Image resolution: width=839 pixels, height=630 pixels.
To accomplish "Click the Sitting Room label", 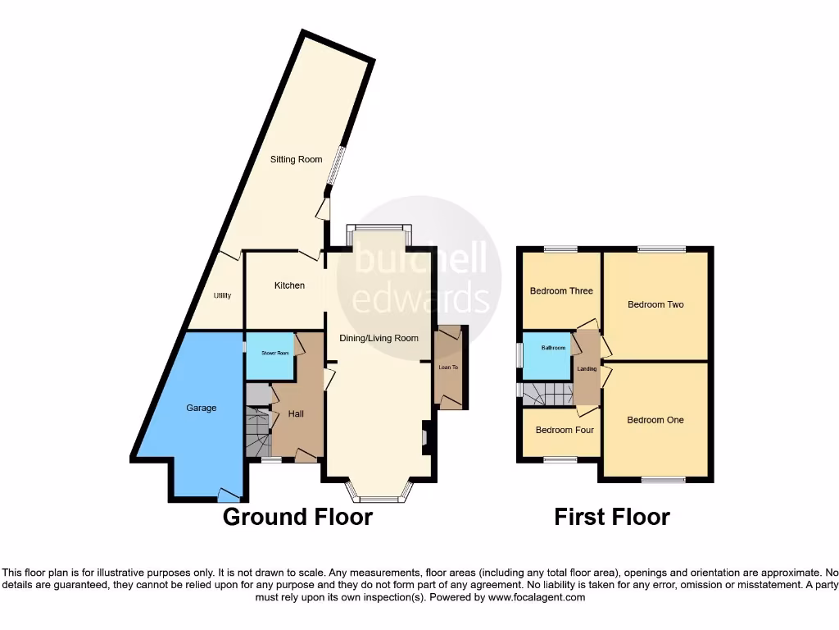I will pos(297,159).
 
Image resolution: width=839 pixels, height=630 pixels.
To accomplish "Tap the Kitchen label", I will pos(289,285).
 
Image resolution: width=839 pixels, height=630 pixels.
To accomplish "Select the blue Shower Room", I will pos(270,354).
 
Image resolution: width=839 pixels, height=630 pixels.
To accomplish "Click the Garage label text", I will pos(202,408).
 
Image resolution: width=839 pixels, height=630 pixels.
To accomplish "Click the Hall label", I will pos(296,414).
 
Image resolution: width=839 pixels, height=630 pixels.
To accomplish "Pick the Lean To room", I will pos(448,367).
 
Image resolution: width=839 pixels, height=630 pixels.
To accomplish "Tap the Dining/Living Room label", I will pos(379,338).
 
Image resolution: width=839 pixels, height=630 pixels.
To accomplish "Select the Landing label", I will pos(587,369).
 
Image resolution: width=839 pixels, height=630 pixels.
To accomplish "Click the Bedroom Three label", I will pos(561,291).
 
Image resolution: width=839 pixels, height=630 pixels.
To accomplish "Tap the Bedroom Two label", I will pos(655,305).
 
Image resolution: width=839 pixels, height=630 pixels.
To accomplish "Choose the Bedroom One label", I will pos(655,421).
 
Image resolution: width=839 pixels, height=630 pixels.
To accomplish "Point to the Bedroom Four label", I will pos(565,430).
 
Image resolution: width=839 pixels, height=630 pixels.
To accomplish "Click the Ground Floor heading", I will pos(297,517).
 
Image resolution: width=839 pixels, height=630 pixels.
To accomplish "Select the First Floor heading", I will pos(612,517).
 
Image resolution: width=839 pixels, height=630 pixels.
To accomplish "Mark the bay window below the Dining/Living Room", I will pos(378,491).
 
